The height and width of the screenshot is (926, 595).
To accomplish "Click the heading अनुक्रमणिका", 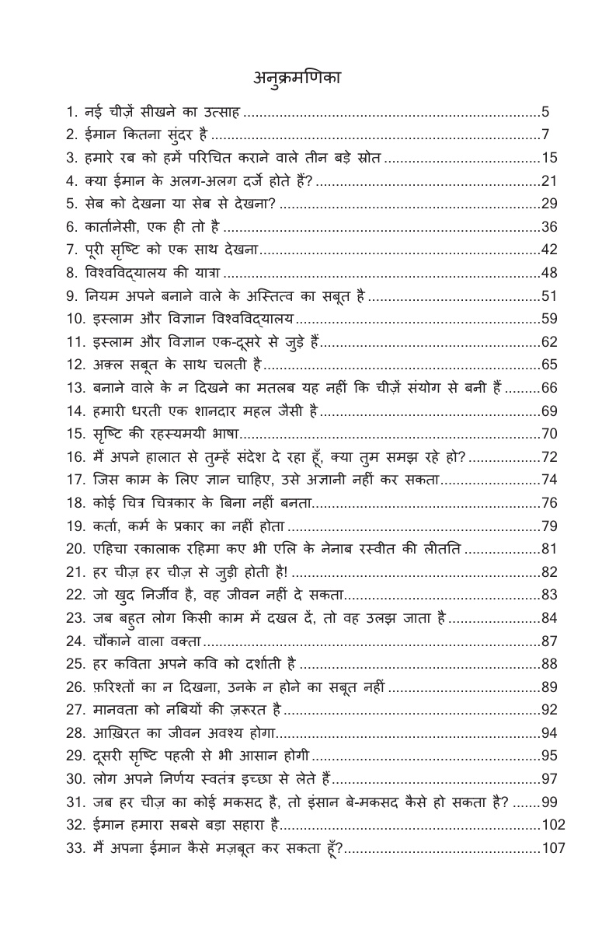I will click(x=297, y=79).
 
